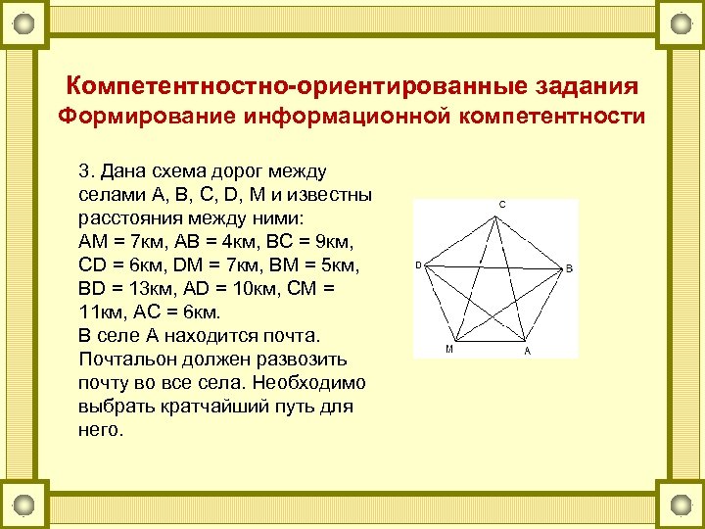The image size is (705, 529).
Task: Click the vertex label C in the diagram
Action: coord(502,205)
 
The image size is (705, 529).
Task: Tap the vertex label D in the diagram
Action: coord(418,264)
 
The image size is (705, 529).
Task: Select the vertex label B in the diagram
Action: coord(570,267)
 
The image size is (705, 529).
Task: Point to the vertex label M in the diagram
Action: coord(448,350)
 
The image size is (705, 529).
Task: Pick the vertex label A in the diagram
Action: coord(527,351)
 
